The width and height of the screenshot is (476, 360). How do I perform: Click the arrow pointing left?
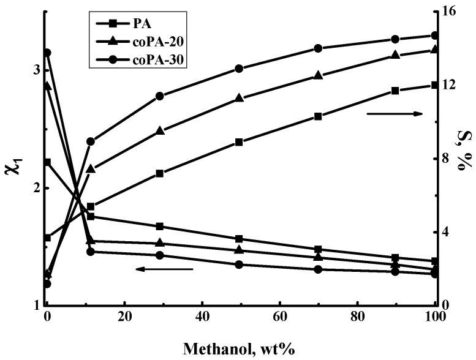(164, 269)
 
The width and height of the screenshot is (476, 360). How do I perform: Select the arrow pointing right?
(395, 114)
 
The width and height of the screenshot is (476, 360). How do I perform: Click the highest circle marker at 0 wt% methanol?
(47, 53)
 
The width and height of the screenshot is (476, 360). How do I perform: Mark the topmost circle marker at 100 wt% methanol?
(435, 36)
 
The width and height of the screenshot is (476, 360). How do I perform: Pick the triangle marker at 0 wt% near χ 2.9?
(47, 86)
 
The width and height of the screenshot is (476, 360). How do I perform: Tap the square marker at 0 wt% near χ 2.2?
(47, 162)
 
